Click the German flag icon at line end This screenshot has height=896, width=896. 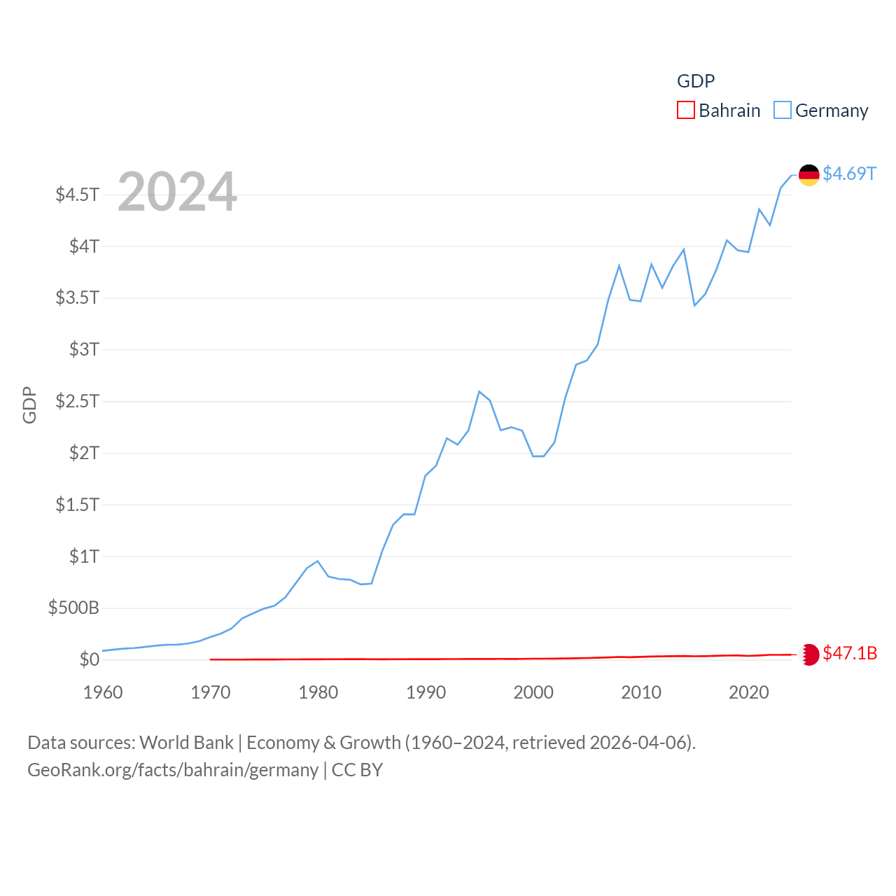(x=808, y=175)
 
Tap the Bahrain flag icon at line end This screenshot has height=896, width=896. (x=809, y=654)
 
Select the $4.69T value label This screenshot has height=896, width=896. (x=849, y=174)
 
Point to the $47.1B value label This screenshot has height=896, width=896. (x=850, y=653)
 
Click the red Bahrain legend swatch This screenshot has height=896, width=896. (x=686, y=111)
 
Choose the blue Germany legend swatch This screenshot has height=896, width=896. (x=783, y=111)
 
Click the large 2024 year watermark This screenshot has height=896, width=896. (x=177, y=192)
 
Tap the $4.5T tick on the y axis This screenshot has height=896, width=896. (x=78, y=194)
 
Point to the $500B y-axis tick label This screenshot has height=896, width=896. (x=73, y=608)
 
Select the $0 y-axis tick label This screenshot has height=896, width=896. (x=89, y=659)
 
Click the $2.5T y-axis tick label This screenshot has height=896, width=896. (x=78, y=401)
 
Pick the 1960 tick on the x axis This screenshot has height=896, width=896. (x=103, y=692)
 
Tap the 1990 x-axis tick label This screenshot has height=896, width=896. (x=426, y=692)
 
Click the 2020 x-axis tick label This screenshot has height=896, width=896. (x=748, y=692)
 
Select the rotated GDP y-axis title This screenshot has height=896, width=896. (x=29, y=405)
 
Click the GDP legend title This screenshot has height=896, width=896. (x=696, y=81)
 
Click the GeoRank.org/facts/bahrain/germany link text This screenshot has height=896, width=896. (x=173, y=770)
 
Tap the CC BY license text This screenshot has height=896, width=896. (x=357, y=770)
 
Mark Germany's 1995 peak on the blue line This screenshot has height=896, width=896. (x=479, y=391)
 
